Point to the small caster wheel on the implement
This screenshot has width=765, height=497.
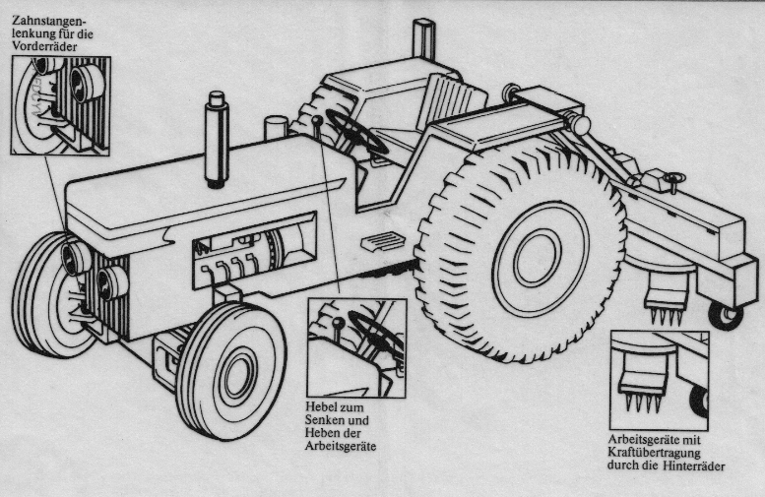726,315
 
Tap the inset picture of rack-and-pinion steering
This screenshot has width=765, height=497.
60,105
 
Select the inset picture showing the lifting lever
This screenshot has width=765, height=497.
355,347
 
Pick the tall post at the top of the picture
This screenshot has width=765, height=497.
424,41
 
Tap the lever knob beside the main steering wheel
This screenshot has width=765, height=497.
317,121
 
